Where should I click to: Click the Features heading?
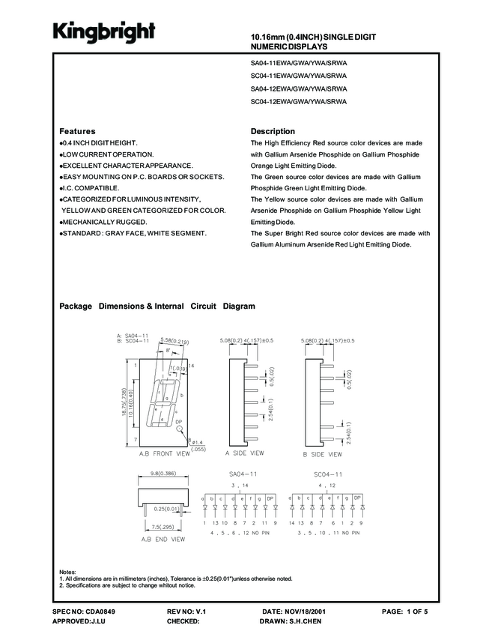(77, 131)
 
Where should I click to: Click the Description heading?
(273, 131)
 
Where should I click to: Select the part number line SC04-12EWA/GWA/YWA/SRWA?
(299, 101)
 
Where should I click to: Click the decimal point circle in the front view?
(178, 431)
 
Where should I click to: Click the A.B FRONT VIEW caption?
(164, 454)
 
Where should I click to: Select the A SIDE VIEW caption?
(245, 453)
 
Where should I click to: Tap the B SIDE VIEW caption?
(322, 454)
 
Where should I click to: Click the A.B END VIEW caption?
(163, 539)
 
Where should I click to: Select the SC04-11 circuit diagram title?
(328, 474)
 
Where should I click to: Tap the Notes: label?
(68, 572)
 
